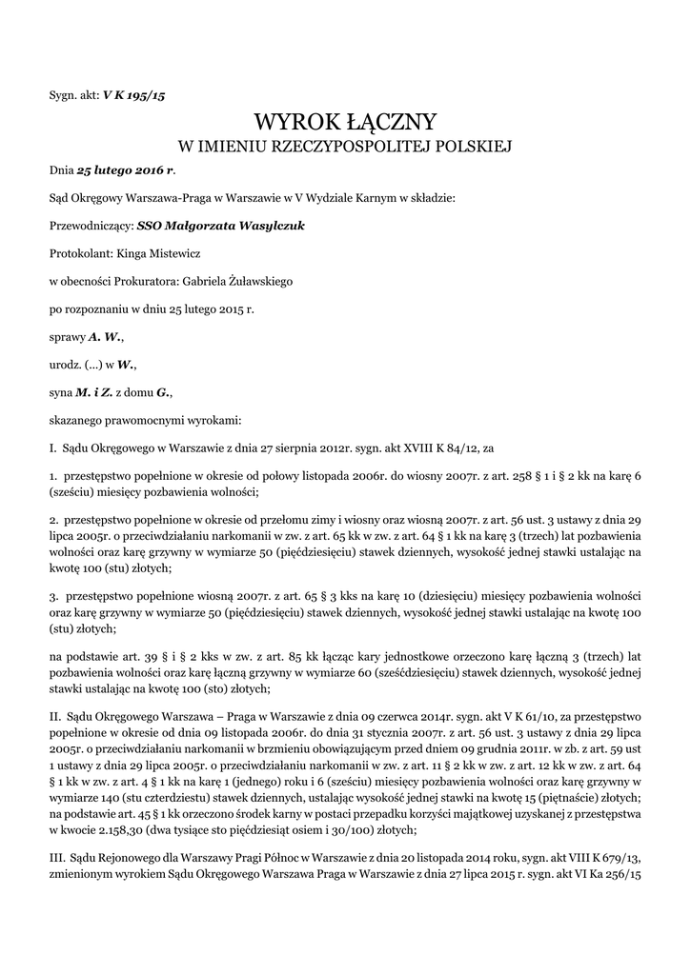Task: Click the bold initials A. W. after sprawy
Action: pyautogui.click(x=105, y=337)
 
